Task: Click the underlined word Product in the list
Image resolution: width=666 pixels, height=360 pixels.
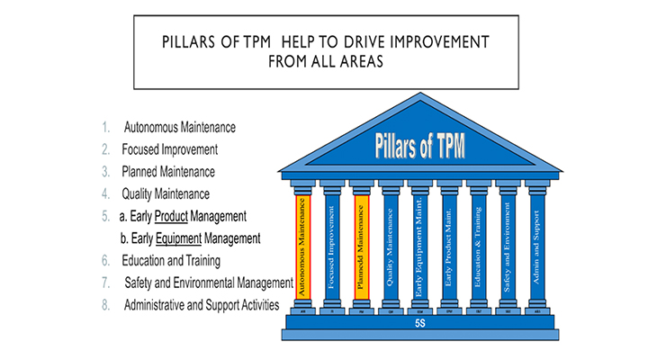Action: pyautogui.click(x=173, y=217)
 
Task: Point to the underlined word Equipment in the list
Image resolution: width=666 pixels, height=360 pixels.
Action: pyautogui.click(x=180, y=238)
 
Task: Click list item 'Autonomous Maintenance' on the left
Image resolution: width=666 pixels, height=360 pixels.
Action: pyautogui.click(x=180, y=126)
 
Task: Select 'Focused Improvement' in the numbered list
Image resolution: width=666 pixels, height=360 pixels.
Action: pyautogui.click(x=170, y=148)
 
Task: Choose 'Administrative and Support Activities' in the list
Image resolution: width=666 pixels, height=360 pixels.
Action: pyautogui.click(x=201, y=305)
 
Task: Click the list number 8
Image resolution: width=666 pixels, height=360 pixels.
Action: pyautogui.click(x=105, y=305)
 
